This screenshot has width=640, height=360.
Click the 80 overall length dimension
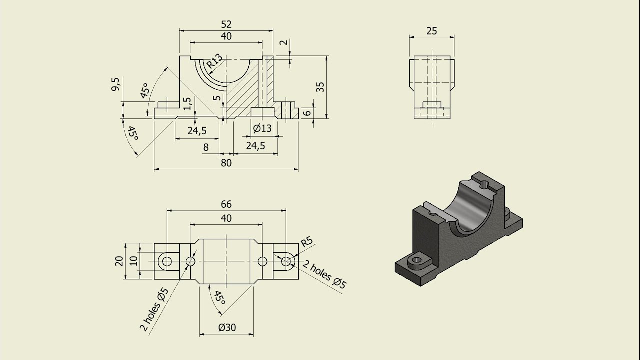click(226, 163)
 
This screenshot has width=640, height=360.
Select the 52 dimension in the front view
click(226, 24)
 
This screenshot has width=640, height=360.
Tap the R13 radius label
click(214, 61)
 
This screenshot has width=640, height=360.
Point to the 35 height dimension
click(320, 87)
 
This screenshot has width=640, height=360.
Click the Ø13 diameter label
click(262, 128)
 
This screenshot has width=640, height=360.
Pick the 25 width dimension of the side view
click(431, 31)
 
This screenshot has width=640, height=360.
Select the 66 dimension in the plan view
click(226, 204)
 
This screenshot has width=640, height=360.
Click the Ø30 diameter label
click(227, 328)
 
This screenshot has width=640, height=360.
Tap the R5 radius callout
click(306, 242)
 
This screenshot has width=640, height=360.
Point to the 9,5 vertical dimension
click(116, 84)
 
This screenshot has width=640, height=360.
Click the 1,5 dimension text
click(187, 103)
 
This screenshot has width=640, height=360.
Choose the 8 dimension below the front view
click(206, 147)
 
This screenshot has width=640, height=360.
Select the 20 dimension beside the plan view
click(119, 261)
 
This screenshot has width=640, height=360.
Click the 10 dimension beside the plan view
click(133, 261)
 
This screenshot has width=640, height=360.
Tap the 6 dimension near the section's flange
click(308, 113)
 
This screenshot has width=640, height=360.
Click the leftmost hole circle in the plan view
click(166, 261)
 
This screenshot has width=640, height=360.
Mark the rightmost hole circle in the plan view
click(286, 261)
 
